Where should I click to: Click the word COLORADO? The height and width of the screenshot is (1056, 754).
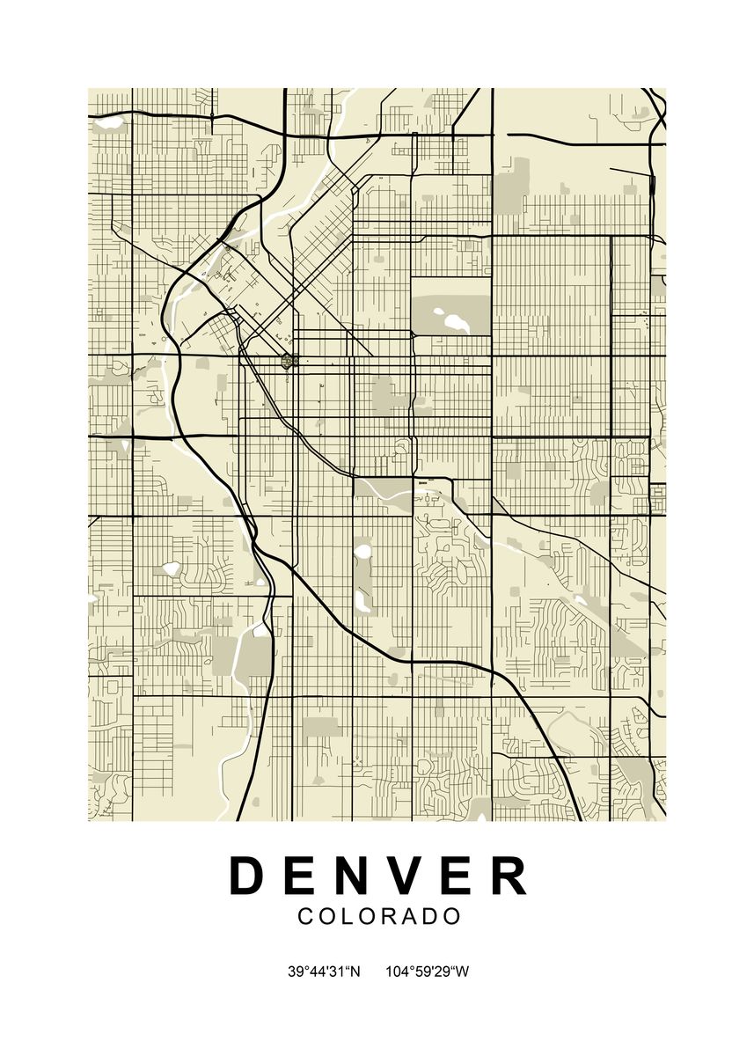pyautogui.click(x=379, y=916)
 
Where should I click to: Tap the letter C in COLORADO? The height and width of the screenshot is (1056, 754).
pyautogui.click(x=305, y=916)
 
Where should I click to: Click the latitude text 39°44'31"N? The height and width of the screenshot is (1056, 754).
pyautogui.click(x=324, y=972)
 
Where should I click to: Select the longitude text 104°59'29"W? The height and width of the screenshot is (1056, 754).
pyautogui.click(x=428, y=972)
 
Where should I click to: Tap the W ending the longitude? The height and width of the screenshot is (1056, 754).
pyautogui.click(x=463, y=972)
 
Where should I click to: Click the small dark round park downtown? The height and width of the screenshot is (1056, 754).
pyautogui.click(x=287, y=360)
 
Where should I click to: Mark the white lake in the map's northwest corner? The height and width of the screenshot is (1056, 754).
pyautogui.click(x=109, y=124)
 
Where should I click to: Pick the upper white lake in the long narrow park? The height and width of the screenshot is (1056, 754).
pyautogui.click(x=362, y=553)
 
